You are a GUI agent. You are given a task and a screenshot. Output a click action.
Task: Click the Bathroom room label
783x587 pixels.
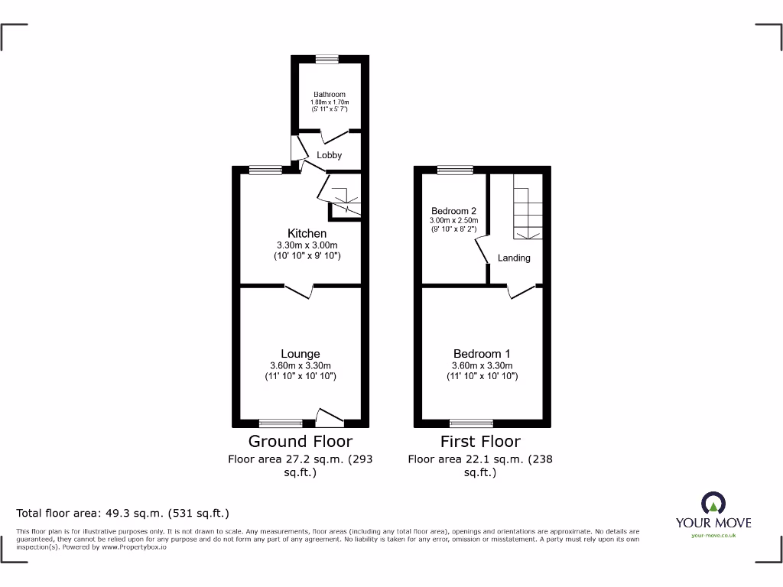329,95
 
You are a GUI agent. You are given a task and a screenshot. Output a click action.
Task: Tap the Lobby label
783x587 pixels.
330,155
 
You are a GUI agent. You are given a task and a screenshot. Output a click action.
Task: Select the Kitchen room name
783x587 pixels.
307,233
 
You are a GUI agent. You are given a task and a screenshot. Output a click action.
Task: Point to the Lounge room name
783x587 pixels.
301,354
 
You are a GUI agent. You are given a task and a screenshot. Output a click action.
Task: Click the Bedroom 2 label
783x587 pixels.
453,211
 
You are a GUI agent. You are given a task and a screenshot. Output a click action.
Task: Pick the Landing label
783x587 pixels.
514,258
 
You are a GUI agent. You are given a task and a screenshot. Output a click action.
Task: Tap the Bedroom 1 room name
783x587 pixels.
482,354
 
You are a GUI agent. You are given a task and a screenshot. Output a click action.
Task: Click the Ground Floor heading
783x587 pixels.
301,442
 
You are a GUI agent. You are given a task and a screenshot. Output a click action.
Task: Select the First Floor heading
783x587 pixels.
480,442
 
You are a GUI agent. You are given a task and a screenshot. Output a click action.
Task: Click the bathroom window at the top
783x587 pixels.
328,57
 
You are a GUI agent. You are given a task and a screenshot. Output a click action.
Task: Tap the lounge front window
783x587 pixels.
281,423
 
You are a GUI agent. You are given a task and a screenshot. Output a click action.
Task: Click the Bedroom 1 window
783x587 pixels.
471,423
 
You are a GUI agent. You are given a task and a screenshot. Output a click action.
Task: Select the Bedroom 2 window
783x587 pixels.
454,170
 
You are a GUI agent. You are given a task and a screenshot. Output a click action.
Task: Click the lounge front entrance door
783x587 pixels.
330,417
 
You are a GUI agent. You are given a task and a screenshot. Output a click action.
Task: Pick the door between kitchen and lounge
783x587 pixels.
299,291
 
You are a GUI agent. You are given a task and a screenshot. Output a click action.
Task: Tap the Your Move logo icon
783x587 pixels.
713,504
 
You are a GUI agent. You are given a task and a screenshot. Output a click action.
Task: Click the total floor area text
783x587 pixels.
123,514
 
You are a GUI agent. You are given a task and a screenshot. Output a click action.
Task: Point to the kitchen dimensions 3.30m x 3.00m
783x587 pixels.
307,245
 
